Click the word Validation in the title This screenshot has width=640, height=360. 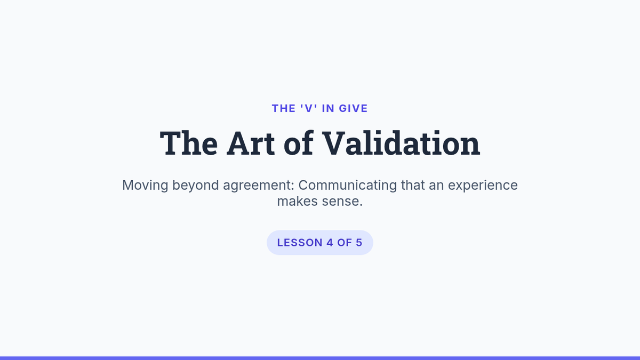coord(401,143)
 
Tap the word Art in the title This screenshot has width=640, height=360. coord(251,143)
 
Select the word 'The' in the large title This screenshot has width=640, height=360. coord(189,143)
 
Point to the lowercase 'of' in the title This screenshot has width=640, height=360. coord(299,143)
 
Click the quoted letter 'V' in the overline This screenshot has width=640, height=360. coord(309,109)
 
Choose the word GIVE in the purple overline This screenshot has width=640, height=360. coord(353,109)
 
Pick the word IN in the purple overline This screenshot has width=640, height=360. coord(328,109)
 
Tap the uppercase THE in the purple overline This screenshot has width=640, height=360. coord(284,109)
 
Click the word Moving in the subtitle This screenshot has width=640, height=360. coord(145,185)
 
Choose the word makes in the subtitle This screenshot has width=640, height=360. coord(298,201)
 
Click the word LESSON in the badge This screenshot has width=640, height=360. coord(300,243)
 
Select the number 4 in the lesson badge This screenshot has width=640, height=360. coord(330,243)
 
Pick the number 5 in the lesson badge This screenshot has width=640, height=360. coord(359,243)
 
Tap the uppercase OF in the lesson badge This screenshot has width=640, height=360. coord(345,243)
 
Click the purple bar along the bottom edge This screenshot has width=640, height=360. coord(320,358)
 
